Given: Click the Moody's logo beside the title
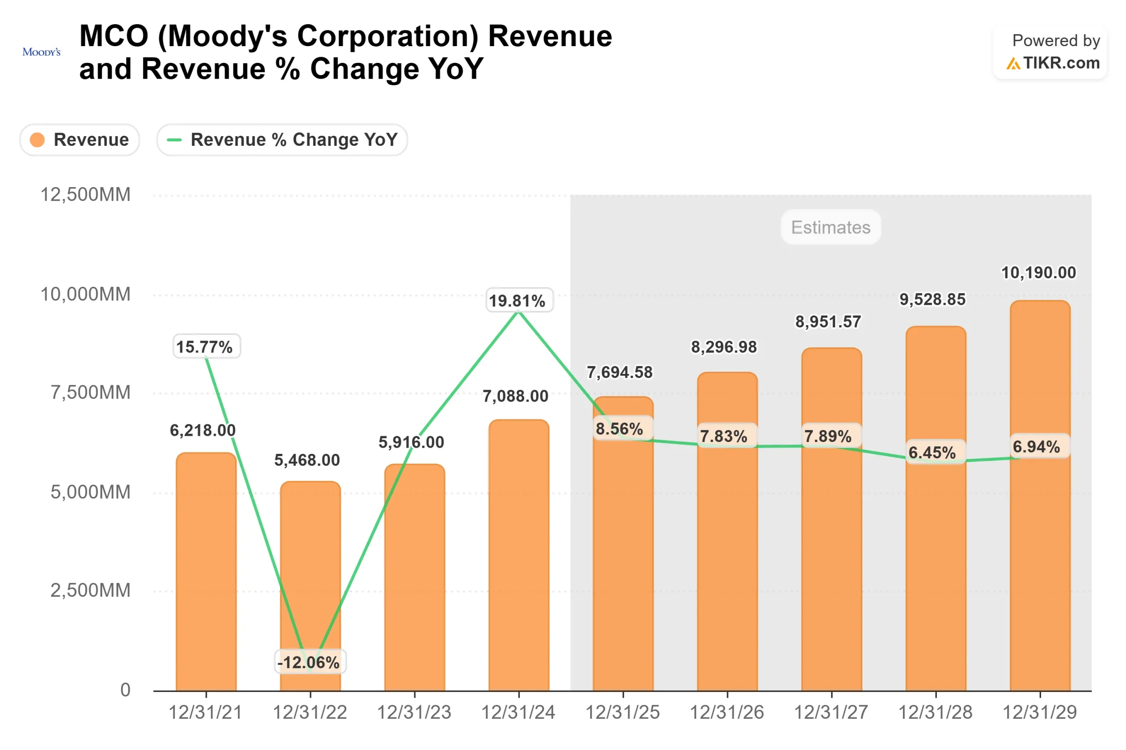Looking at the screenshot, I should (x=42, y=52).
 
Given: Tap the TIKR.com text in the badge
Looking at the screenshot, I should (x=1061, y=63).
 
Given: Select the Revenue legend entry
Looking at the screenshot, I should (x=80, y=140).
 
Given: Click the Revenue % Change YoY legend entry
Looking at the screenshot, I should (x=282, y=140).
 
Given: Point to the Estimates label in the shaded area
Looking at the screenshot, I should (x=830, y=227).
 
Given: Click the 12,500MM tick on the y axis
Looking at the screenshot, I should (x=85, y=195).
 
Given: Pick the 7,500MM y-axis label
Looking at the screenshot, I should (x=91, y=392).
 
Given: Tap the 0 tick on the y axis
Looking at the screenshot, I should (x=125, y=690).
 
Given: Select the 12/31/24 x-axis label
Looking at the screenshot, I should (x=518, y=712).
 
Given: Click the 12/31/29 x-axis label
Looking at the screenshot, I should (x=1039, y=712).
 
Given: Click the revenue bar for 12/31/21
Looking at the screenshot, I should (x=206, y=574).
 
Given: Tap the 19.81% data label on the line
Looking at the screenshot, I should (x=517, y=301).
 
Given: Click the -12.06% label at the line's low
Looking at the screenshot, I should (x=309, y=662).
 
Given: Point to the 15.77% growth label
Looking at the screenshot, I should (x=205, y=347).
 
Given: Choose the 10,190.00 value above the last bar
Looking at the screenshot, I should (x=1038, y=273).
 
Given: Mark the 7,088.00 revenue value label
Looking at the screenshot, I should (x=515, y=396).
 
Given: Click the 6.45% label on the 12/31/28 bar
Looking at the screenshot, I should (x=932, y=452).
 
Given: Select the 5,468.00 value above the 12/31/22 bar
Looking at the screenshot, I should (x=307, y=460).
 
